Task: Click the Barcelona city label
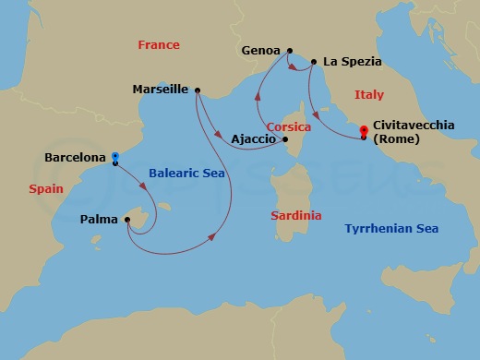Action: click(x=75, y=158)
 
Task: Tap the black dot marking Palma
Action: click(x=126, y=220)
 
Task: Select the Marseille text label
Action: click(x=161, y=90)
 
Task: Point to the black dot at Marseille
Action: click(x=197, y=90)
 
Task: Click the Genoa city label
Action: click(x=259, y=51)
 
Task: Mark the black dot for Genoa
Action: click(x=290, y=51)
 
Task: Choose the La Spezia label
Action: click(x=352, y=63)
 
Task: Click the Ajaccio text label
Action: click(x=252, y=139)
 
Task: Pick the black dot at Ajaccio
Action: click(x=285, y=140)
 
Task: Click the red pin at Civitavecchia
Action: click(x=364, y=131)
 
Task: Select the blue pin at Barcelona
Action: click(x=114, y=157)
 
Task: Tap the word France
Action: click(x=158, y=45)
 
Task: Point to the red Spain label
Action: click(x=44, y=186)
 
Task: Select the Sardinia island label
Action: click(x=296, y=215)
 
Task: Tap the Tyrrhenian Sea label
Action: click(x=390, y=228)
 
